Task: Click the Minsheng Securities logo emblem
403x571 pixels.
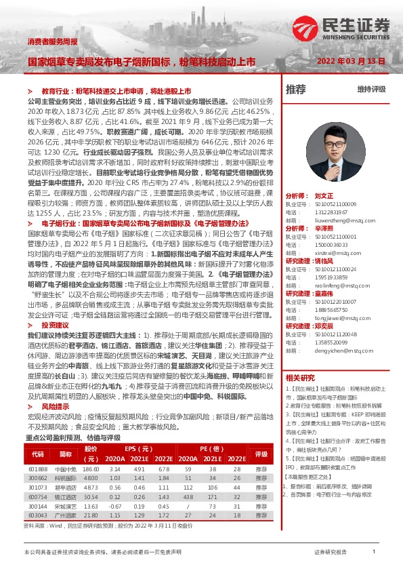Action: pyautogui.click(x=305, y=28)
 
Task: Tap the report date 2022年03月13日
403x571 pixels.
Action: pyautogui.click(x=351, y=61)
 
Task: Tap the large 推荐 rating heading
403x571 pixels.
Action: pyautogui.click(x=297, y=89)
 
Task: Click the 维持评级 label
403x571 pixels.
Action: pyautogui.click(x=371, y=89)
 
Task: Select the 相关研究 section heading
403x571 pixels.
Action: pyautogui.click(x=300, y=378)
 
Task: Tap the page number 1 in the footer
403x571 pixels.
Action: pyautogui.click(x=374, y=553)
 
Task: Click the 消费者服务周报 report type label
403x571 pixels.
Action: pyautogui.click(x=52, y=42)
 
